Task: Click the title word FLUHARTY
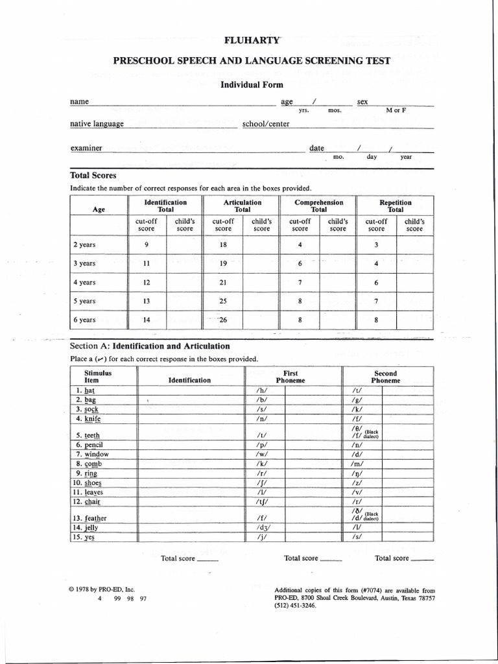click(x=252, y=40)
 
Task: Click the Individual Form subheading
click(x=252, y=84)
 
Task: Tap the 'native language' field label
click(x=97, y=124)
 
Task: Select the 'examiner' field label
click(x=86, y=148)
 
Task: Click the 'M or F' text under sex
click(x=396, y=111)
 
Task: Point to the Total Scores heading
click(x=93, y=175)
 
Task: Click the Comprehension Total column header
click(x=318, y=206)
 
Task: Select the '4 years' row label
click(x=84, y=282)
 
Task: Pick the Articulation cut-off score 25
click(x=223, y=301)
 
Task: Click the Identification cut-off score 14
click(x=147, y=320)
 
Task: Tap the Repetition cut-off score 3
click(x=376, y=244)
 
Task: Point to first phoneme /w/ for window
click(x=262, y=455)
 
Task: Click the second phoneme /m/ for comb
click(x=357, y=464)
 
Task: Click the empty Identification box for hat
click(x=190, y=390)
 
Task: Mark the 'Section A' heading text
click(x=149, y=346)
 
